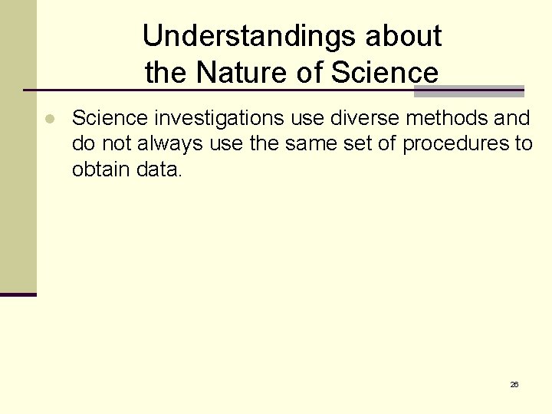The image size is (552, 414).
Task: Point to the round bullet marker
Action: (x=48, y=120)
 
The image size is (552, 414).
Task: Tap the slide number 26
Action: (x=514, y=384)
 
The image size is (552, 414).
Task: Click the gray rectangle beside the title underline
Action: (x=468, y=91)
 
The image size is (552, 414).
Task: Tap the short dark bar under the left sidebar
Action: (x=18, y=294)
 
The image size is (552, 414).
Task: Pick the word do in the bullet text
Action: (x=82, y=143)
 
